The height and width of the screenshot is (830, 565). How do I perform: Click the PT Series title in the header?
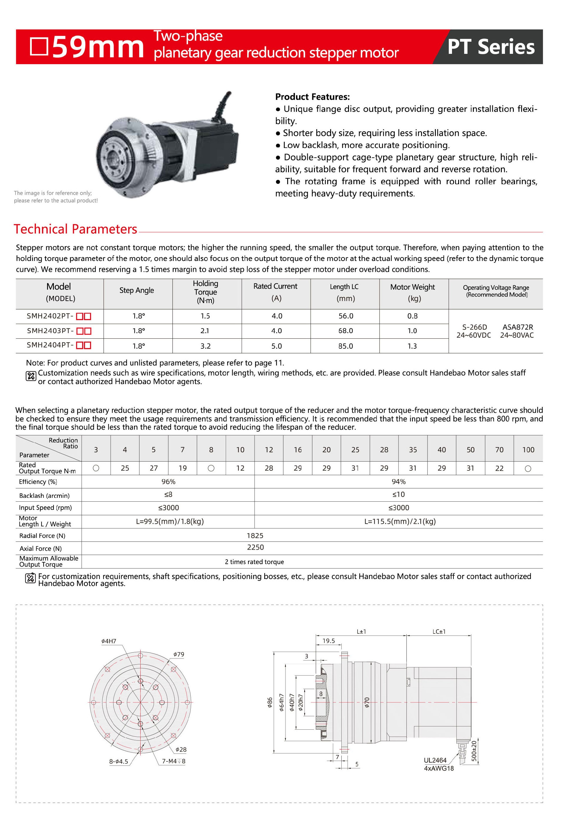[491, 47]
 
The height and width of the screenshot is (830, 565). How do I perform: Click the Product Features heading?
[312, 97]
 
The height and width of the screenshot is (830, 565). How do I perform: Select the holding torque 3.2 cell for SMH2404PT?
[205, 346]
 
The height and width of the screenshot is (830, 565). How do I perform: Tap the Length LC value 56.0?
[345, 316]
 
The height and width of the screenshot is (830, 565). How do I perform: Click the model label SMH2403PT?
[50, 331]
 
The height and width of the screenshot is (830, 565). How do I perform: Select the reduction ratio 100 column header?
[528, 450]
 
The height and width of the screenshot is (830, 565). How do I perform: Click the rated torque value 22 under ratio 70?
[499, 468]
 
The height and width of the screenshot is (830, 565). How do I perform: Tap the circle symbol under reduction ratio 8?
[211, 468]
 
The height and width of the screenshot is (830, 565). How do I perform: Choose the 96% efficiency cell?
[168, 482]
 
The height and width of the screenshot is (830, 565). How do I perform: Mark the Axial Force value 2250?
[255, 548]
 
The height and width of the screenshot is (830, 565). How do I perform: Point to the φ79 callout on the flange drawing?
[179, 655]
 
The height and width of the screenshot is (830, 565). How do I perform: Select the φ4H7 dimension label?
[109, 641]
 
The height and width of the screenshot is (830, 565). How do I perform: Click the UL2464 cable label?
[435, 761]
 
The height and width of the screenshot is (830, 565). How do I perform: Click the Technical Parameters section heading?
[75, 229]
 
